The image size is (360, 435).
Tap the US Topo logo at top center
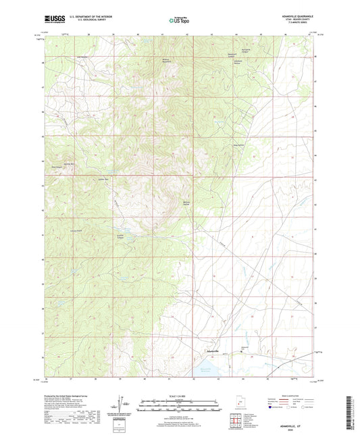click(x=178, y=20)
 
